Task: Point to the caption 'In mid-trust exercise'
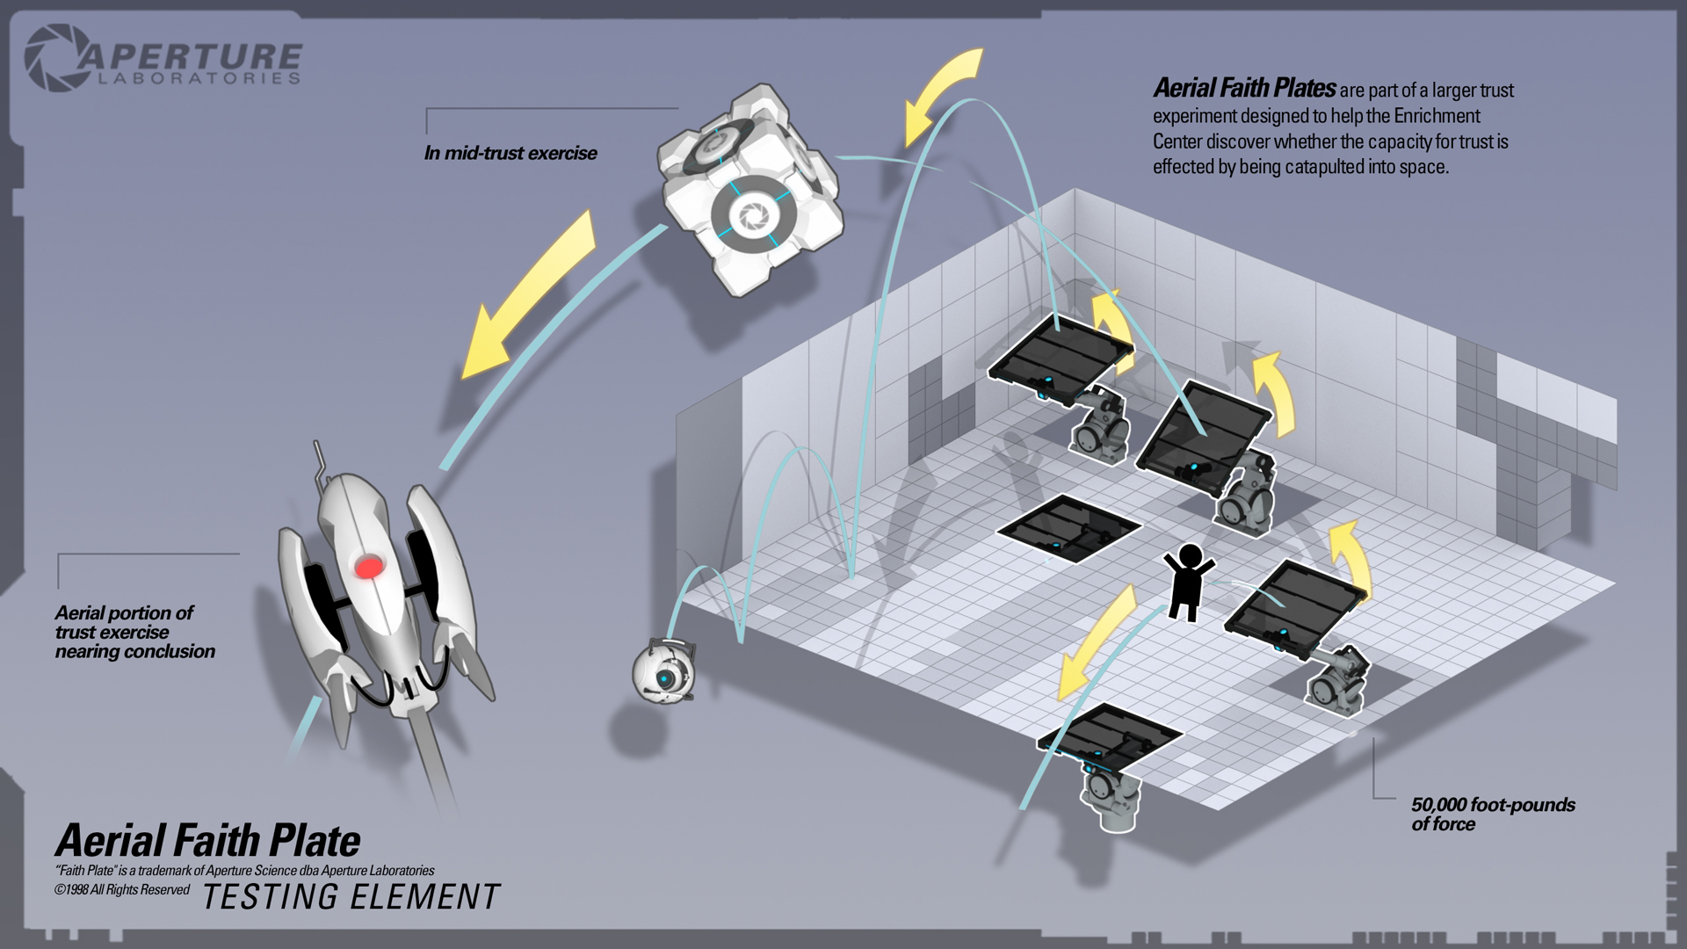tap(510, 154)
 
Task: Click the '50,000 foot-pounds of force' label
tap(1492, 814)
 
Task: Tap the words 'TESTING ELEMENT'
tap(351, 897)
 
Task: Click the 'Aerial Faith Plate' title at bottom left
tap(207, 841)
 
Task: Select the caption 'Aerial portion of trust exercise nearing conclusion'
tap(134, 632)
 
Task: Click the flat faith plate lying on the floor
tap(1069, 527)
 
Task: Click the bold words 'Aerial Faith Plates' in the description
tap(1243, 89)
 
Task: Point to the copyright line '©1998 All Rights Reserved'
tap(121, 890)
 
